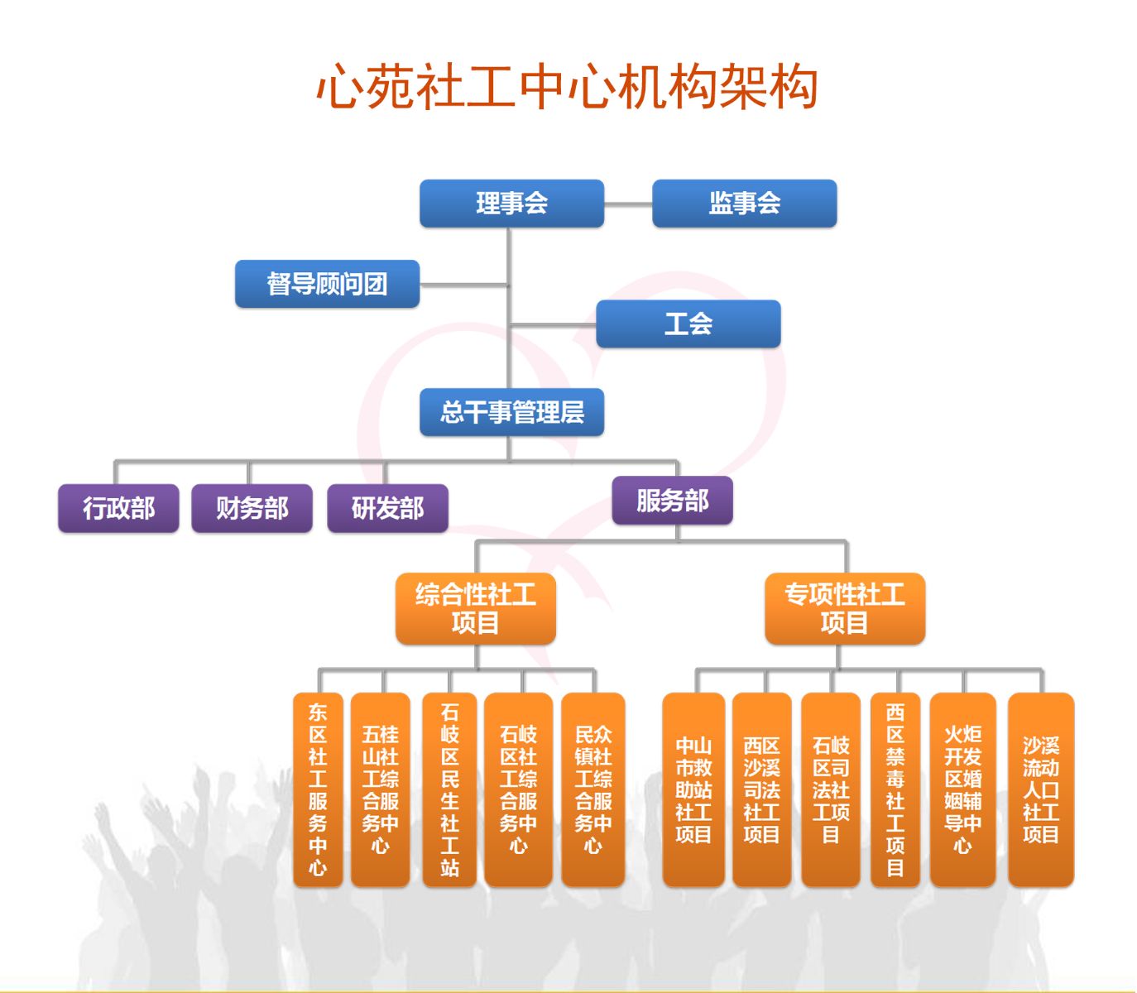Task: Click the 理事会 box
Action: tap(511, 203)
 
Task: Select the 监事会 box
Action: tap(744, 203)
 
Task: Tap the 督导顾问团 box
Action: tap(327, 283)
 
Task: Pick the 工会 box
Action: tap(688, 324)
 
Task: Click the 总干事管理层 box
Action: tap(511, 412)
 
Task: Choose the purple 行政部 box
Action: tap(118, 508)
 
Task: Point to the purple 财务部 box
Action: tap(252, 508)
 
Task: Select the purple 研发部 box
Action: tap(387, 508)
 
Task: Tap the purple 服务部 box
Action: tap(673, 500)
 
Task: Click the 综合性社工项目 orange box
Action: tap(476, 608)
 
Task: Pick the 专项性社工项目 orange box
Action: tap(845, 608)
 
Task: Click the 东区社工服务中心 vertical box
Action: tap(318, 789)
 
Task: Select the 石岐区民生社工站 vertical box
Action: tap(449, 789)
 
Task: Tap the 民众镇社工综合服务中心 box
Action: tap(593, 789)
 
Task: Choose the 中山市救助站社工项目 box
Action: tap(693, 789)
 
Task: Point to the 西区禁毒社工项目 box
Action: tap(895, 789)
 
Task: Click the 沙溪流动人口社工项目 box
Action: tap(1041, 789)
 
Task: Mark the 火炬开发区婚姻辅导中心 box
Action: tap(962, 789)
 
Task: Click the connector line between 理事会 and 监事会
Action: tap(628, 204)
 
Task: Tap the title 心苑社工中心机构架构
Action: tap(567, 86)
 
